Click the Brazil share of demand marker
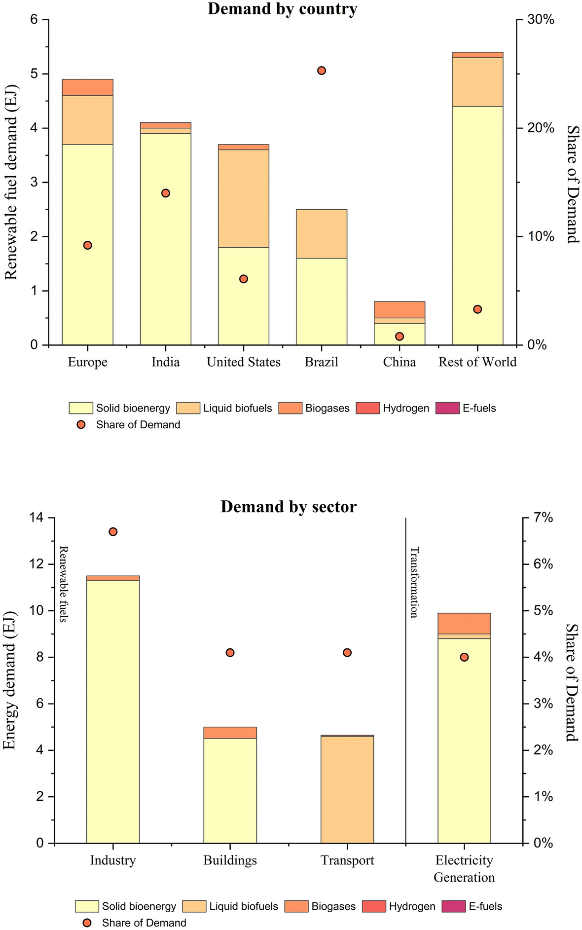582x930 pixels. (322, 71)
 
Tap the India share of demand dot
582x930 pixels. (166, 193)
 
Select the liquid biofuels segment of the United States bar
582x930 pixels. (244, 198)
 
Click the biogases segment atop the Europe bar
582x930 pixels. (87, 87)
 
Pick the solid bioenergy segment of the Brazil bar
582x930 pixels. (322, 301)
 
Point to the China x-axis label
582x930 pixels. (400, 362)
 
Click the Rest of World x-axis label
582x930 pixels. (477, 362)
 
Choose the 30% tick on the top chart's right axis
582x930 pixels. (541, 20)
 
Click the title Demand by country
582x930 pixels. (282, 9)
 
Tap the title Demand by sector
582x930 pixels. (289, 507)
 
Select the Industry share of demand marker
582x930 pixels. (113, 531)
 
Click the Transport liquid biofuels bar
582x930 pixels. (347, 789)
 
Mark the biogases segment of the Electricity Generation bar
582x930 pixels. (464, 623)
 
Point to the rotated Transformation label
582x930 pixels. (414, 582)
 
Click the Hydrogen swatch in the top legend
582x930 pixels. (368, 408)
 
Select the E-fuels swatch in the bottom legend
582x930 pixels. (454, 906)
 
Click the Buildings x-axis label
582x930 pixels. (230, 860)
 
